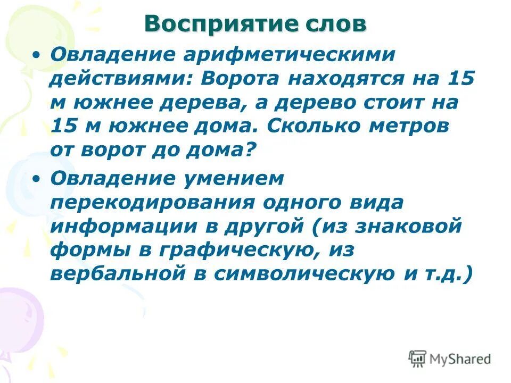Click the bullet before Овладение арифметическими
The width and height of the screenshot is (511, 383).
point(36,54)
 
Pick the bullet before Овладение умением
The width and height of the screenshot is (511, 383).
point(36,179)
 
